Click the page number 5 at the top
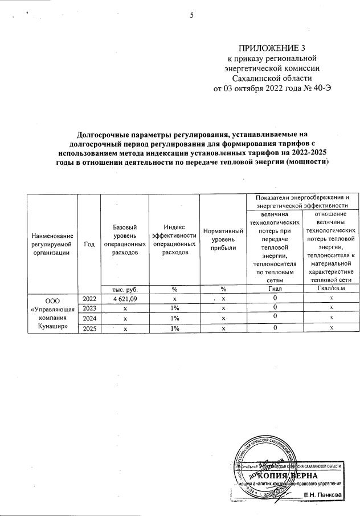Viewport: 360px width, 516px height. [193, 15]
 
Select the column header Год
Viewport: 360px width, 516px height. [89, 243]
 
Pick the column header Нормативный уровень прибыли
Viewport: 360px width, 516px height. [223, 239]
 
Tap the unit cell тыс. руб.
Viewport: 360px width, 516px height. [124, 289]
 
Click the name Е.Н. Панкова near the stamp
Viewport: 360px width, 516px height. [323, 494]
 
